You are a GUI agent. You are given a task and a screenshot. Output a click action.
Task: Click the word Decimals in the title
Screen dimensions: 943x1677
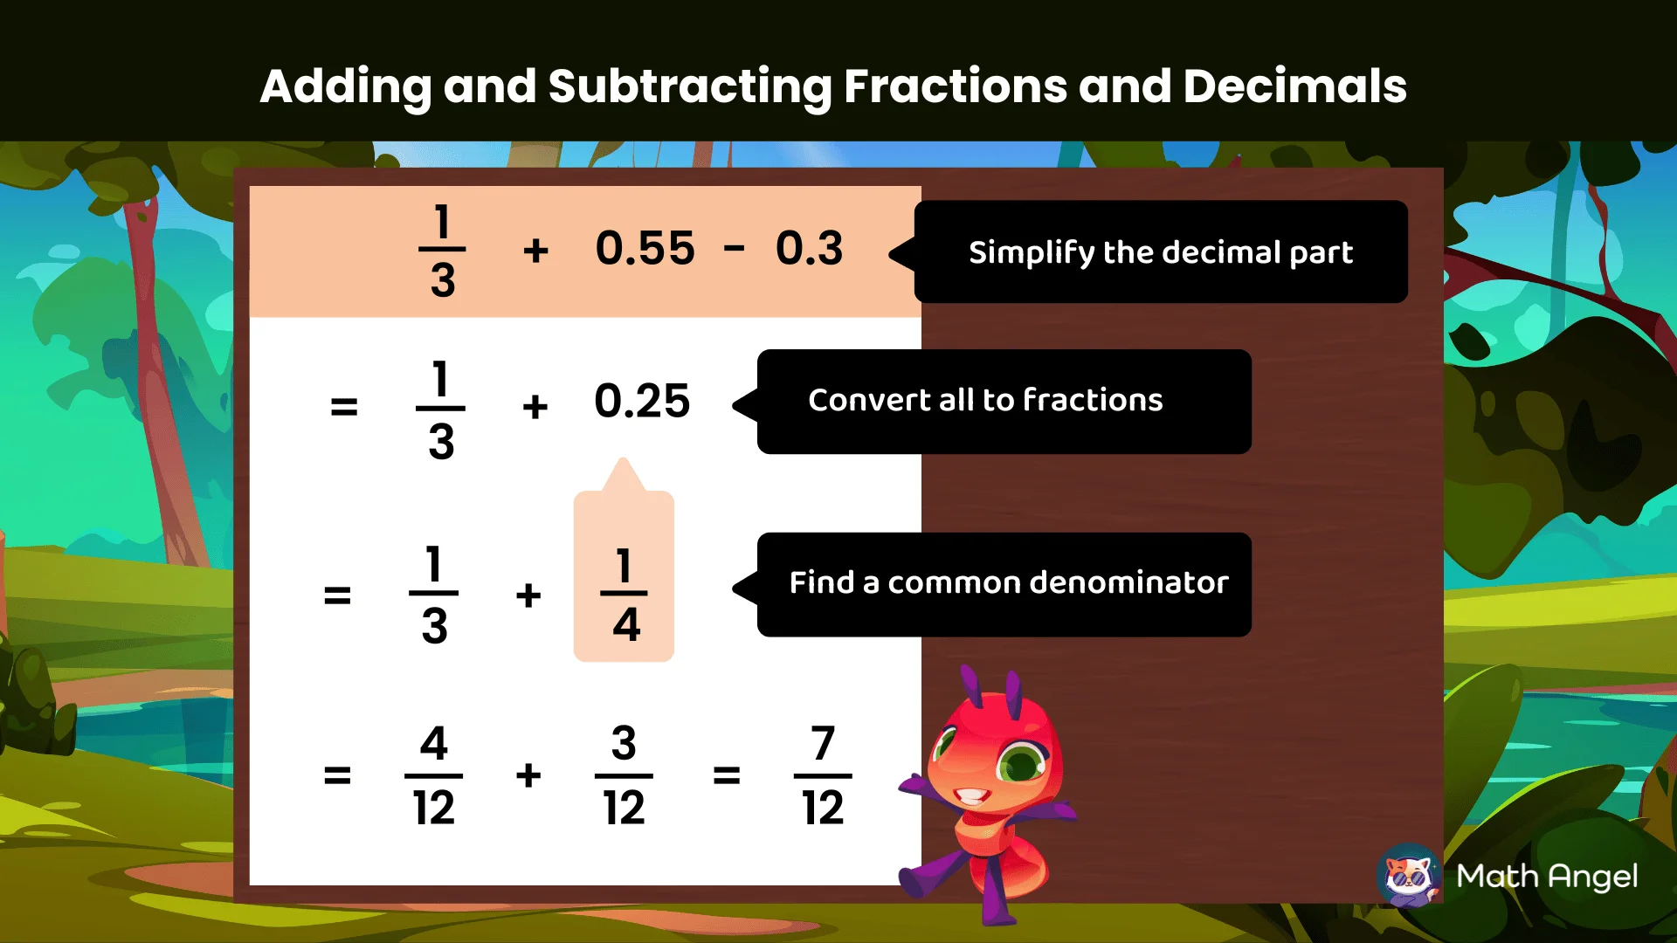(1294, 86)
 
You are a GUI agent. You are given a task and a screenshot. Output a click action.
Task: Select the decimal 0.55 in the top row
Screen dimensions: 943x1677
(645, 249)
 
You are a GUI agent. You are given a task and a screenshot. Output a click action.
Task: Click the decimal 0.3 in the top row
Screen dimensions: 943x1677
(809, 249)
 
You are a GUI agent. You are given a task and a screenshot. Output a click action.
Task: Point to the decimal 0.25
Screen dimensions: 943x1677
(642, 402)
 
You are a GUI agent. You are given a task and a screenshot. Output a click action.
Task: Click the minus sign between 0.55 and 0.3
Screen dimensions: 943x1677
(734, 250)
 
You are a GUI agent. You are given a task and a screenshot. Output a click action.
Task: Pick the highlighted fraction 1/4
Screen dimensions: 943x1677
(624, 595)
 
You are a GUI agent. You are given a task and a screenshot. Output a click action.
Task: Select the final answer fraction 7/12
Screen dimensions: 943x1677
(823, 775)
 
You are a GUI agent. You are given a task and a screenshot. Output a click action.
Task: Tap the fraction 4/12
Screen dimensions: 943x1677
(433, 775)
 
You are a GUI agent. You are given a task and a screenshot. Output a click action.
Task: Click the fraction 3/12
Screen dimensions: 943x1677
(624, 775)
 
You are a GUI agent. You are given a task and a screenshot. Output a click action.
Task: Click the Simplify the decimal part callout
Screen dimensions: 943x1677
(1160, 252)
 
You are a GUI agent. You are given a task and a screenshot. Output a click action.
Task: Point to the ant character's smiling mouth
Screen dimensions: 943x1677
(971, 796)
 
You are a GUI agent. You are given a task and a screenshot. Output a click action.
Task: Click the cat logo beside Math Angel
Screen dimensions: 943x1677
(1409, 875)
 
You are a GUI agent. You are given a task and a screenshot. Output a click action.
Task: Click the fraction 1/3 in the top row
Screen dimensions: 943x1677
(442, 250)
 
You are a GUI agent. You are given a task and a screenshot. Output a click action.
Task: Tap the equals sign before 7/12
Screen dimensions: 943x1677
(726, 775)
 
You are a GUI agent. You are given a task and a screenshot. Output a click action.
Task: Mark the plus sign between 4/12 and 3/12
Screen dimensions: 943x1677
(528, 775)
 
